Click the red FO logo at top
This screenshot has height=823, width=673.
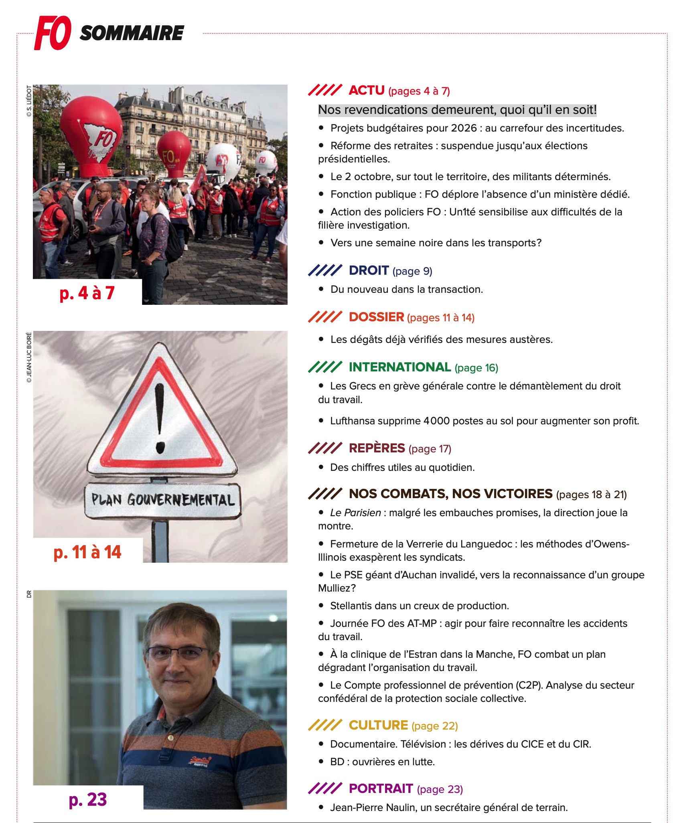point(53,33)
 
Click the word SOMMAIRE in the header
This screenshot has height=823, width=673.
point(132,33)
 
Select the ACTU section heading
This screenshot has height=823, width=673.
point(367,90)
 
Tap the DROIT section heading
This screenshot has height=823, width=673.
point(369,270)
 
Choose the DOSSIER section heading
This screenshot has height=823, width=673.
point(376,317)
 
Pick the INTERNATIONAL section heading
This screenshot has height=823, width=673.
point(399,367)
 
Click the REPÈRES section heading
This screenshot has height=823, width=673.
point(377,448)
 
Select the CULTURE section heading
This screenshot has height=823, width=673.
point(378,725)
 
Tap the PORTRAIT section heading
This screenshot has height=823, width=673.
point(381,789)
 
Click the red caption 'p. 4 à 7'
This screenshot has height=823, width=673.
point(87,293)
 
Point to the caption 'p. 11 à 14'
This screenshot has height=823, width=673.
point(87,552)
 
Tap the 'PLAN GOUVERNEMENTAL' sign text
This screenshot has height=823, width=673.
point(162,500)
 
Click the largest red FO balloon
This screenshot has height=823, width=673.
point(91,134)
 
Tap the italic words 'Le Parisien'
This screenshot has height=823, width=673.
point(355,513)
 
